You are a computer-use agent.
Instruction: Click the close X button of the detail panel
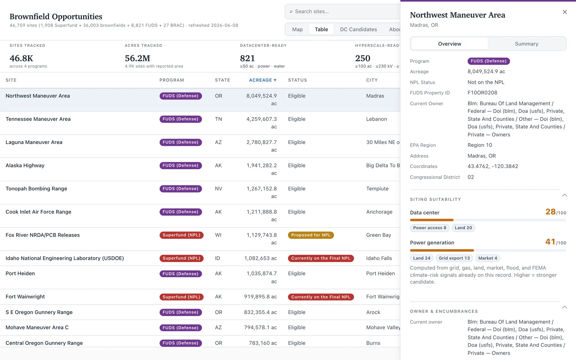[x=565, y=12]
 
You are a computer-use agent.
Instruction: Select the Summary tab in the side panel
[x=526, y=44]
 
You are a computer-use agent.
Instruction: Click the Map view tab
[x=297, y=29]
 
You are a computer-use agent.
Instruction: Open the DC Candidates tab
[x=359, y=29]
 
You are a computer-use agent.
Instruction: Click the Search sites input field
[x=345, y=12]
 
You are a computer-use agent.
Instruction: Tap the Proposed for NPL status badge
[x=311, y=235]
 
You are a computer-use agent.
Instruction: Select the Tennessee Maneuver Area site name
[x=38, y=119]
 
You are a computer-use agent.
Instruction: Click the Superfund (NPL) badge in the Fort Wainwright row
[x=181, y=297]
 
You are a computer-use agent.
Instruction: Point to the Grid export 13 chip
[x=454, y=258]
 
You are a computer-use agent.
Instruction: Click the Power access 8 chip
[x=430, y=228]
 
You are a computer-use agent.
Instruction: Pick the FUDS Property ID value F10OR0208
[x=482, y=93]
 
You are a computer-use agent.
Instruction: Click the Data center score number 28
[x=550, y=212]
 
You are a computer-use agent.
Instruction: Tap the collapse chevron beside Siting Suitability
[x=564, y=195]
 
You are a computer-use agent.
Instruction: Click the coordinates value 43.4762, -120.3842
[x=493, y=166]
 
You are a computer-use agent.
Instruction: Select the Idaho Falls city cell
[x=379, y=258]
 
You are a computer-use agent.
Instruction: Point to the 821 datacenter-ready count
[x=247, y=58]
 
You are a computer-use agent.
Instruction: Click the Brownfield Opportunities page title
[x=56, y=17]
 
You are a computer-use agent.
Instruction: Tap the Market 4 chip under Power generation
[x=488, y=258]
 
